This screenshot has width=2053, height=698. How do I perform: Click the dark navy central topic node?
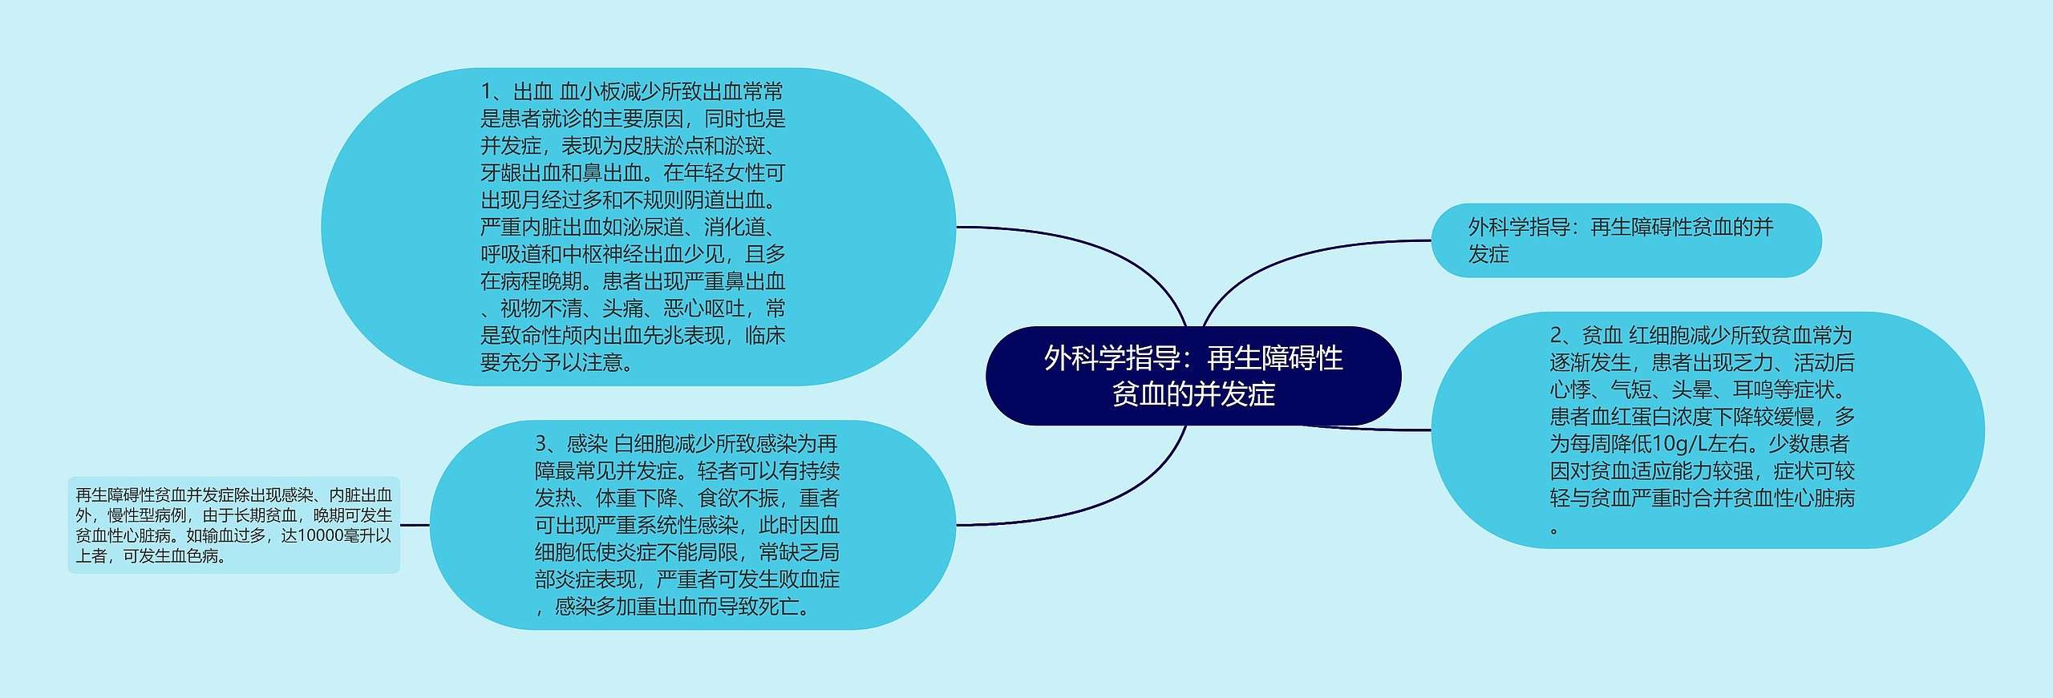click(1193, 375)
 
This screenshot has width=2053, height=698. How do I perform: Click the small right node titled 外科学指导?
click(1626, 240)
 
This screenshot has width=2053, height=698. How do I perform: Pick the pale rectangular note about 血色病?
click(233, 525)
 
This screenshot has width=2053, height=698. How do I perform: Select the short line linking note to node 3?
click(414, 525)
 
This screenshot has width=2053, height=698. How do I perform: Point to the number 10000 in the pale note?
click(320, 535)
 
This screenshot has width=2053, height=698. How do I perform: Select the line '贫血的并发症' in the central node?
click(1193, 394)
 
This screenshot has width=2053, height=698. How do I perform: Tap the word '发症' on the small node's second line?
click(1488, 255)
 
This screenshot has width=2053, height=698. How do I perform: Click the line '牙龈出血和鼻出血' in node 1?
click(561, 173)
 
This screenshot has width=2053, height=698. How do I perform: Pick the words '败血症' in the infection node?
click(809, 579)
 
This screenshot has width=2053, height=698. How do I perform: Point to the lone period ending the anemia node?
click(1554, 530)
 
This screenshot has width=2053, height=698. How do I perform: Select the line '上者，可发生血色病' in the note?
click(150, 556)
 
